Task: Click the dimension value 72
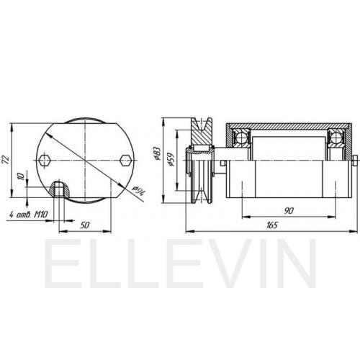[6, 160]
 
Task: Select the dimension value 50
[85, 225]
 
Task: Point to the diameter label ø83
[156, 153]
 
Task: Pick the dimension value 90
[289, 211]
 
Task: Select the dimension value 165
[272, 225]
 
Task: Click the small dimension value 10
[22, 176]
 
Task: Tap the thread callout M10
[41, 214]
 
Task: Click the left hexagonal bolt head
[45, 160]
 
